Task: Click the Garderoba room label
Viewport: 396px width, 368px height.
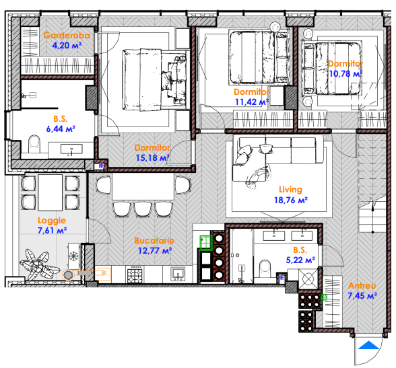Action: click(67, 35)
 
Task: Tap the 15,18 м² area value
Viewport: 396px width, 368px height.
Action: click(152, 158)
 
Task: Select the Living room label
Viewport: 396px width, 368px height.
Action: click(290, 190)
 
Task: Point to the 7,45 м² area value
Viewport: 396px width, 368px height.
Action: click(362, 295)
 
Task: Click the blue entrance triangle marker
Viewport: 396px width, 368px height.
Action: click(369, 345)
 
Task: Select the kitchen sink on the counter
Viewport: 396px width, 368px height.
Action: click(178, 274)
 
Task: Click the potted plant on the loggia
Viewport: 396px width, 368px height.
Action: click(38, 264)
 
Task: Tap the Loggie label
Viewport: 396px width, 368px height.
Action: click(52, 221)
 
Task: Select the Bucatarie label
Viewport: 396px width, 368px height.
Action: click(154, 240)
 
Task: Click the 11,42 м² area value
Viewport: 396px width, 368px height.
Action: click(252, 102)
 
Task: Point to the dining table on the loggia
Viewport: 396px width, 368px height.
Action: click(50, 192)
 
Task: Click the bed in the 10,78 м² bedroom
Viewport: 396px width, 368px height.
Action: click(333, 69)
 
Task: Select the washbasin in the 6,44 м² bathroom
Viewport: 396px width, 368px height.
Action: click(71, 149)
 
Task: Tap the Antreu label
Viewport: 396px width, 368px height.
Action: click(362, 285)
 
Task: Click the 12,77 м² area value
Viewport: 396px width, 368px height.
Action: click(155, 251)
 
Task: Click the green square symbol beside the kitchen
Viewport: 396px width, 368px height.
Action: click(206, 243)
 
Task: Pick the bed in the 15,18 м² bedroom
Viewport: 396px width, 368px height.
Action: click(155, 79)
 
